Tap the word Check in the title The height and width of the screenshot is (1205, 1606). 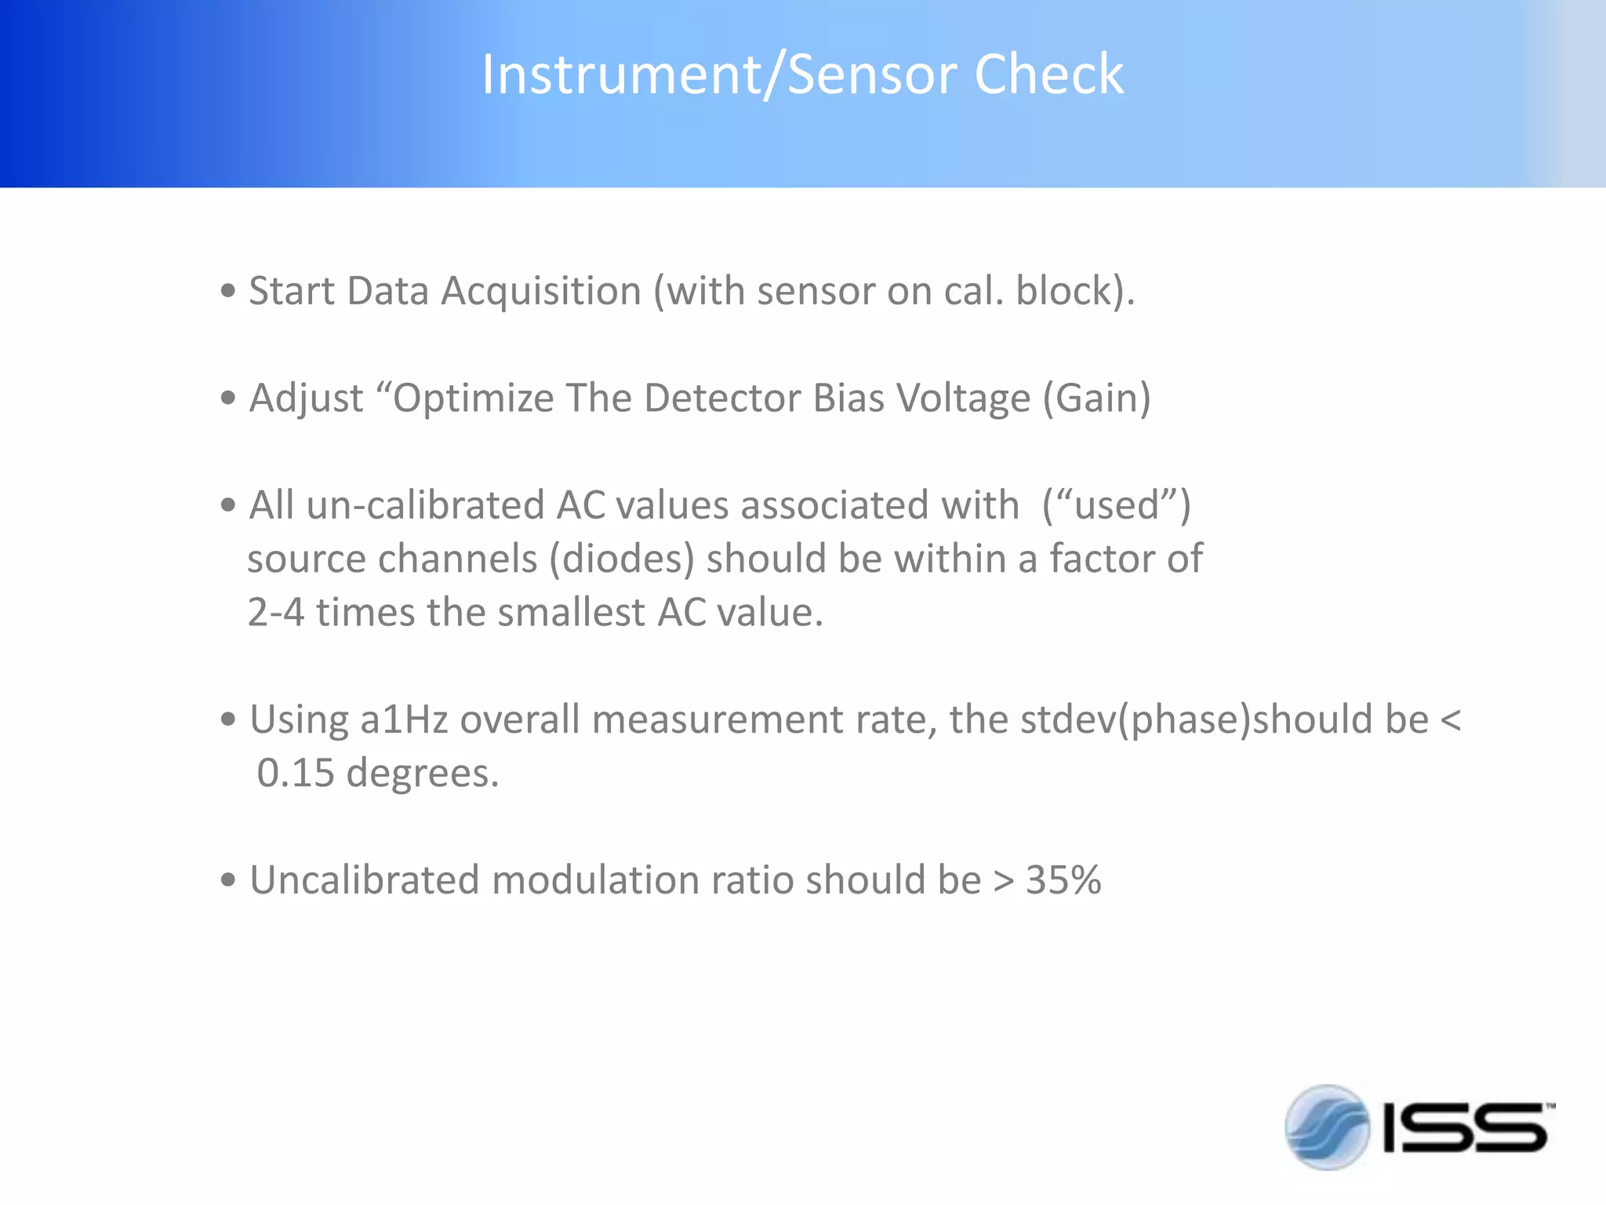click(1048, 75)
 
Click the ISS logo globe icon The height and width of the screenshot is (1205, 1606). click(1327, 1127)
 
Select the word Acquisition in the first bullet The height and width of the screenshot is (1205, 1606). click(541, 291)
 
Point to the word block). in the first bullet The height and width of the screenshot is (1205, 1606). click(1075, 291)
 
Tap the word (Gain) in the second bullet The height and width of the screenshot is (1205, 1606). click(1096, 398)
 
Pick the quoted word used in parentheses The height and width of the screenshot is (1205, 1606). click(1117, 504)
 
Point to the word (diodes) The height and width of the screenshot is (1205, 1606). click(621, 559)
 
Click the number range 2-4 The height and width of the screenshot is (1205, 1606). click(276, 612)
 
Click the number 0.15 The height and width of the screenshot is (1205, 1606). click(296, 773)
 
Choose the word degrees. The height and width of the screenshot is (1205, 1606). click(423, 774)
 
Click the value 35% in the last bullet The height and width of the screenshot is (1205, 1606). click(1063, 880)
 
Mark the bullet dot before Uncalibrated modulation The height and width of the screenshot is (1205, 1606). click(228, 880)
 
